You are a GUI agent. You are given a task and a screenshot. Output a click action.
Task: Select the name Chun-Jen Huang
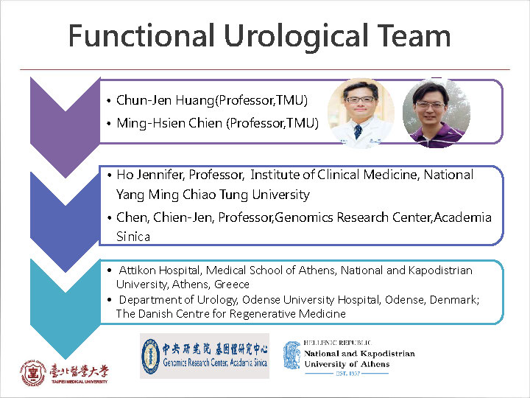(166, 100)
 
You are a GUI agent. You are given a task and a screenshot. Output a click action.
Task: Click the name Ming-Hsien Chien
(169, 123)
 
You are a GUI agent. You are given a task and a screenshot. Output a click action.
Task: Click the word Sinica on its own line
(133, 237)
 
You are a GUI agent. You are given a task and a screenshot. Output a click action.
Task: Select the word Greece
(232, 284)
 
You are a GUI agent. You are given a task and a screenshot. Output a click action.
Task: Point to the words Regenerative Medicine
(288, 314)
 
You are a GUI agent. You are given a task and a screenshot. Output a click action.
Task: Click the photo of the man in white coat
(361, 113)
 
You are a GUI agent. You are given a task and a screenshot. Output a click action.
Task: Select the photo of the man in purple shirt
(437, 113)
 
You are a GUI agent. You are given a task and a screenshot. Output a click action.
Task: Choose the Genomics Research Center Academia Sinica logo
(205, 356)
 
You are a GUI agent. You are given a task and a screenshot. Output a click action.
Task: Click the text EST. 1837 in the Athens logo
(347, 373)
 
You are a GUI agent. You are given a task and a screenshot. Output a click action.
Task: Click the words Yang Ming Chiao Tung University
(213, 195)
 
